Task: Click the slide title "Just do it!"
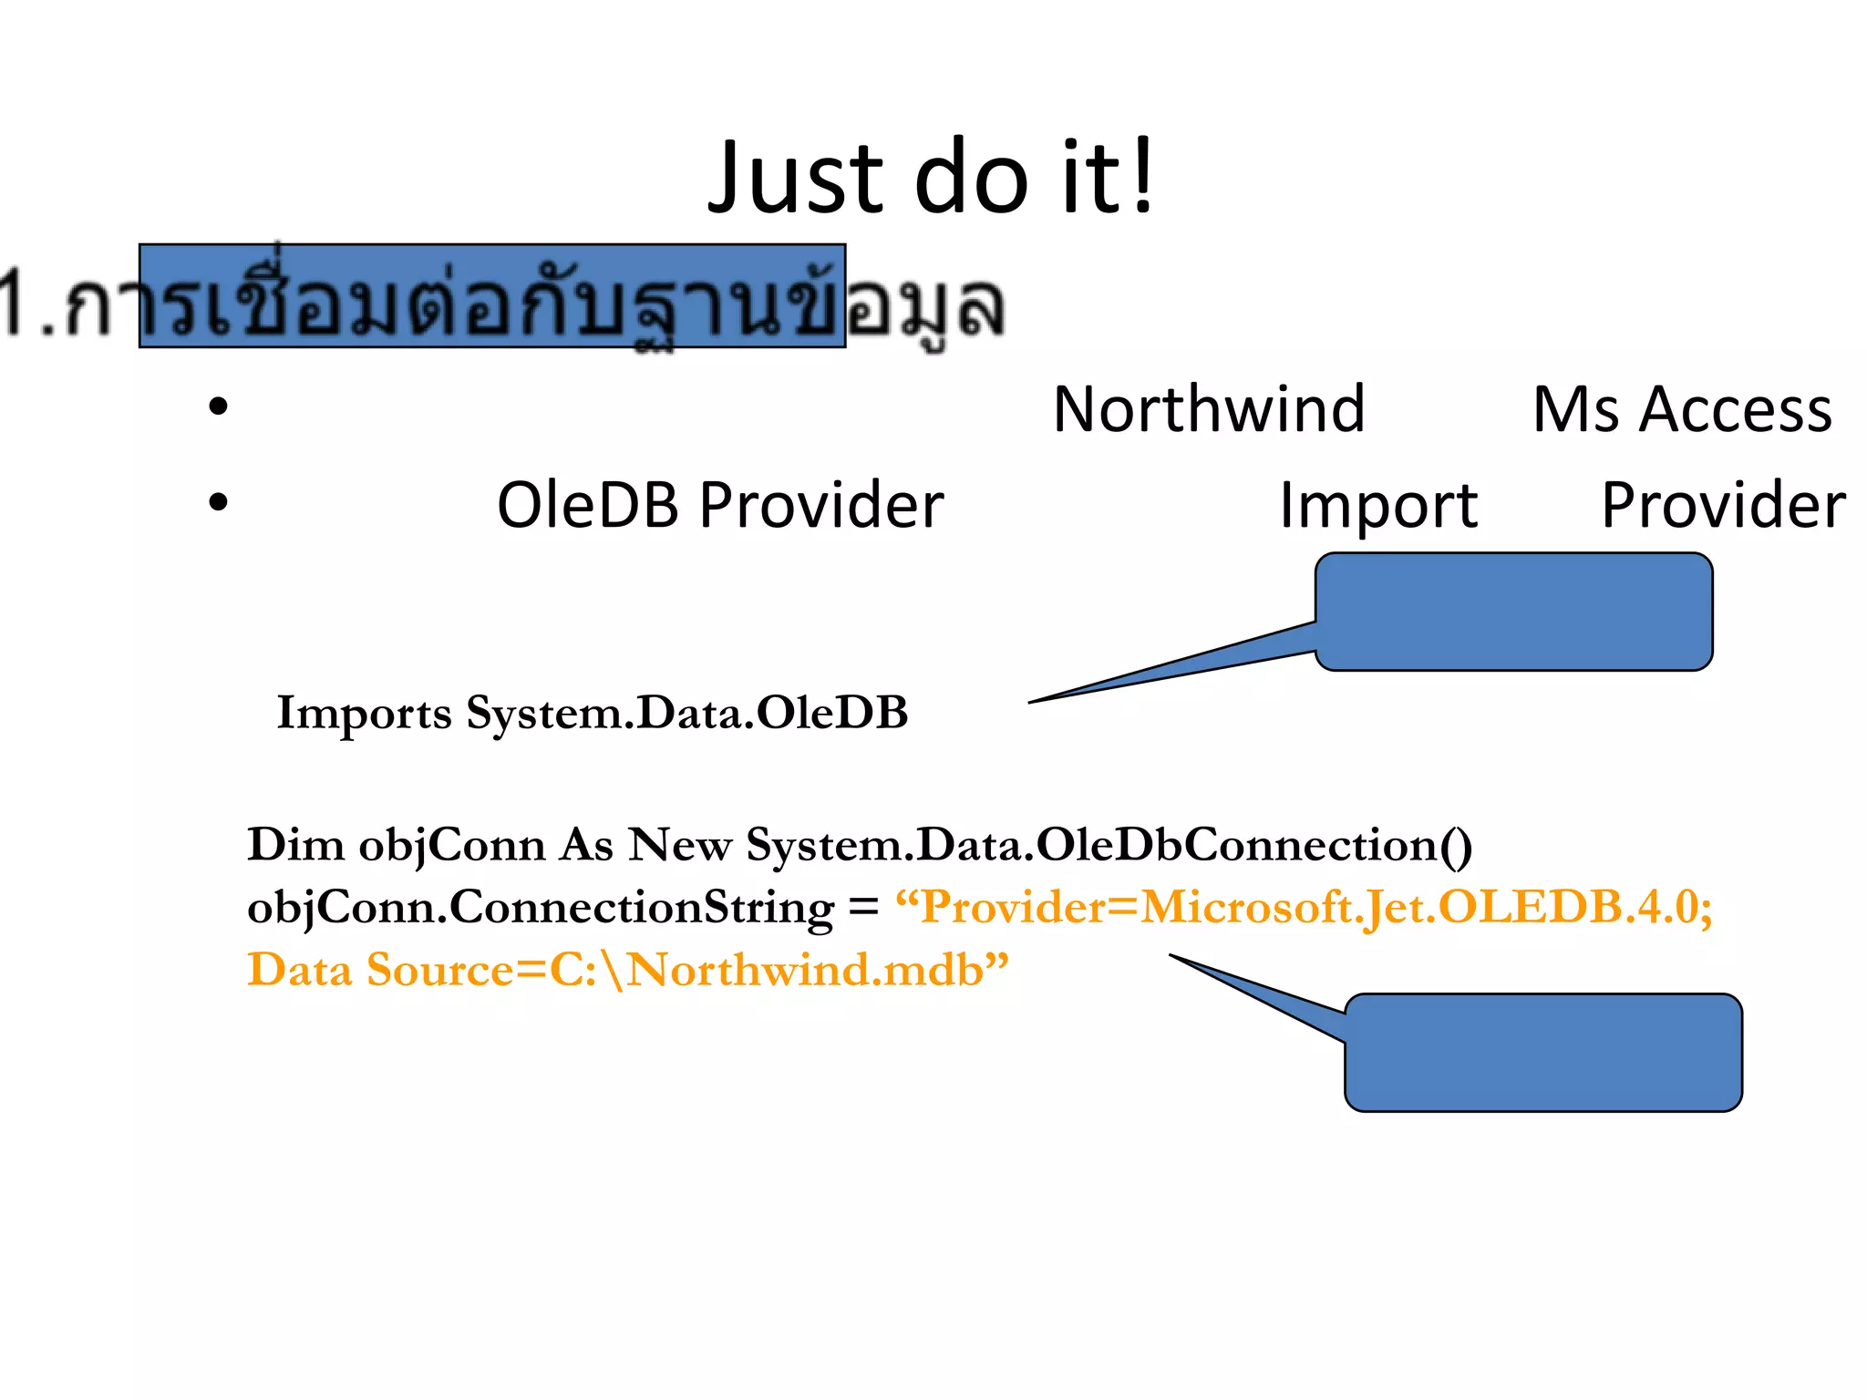coord(932,178)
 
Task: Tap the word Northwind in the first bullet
coord(1208,409)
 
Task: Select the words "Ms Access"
coord(1682,409)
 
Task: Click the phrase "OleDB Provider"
coord(720,505)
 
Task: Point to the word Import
coord(1377,506)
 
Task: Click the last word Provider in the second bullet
coord(1723,505)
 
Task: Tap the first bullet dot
coord(218,407)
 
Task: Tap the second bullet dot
coord(218,502)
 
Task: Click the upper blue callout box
coord(1513,612)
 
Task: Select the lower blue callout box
coord(1542,1053)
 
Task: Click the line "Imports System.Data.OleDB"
coord(593,713)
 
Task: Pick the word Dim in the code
coord(295,845)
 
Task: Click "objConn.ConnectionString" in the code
coord(540,908)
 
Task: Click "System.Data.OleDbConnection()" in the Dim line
coord(1109,845)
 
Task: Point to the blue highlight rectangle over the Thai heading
coord(492,296)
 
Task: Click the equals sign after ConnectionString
coord(862,908)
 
